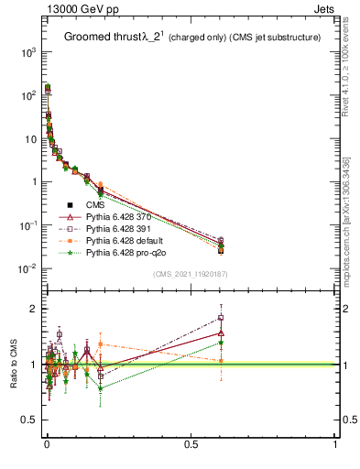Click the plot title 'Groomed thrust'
pos(101,38)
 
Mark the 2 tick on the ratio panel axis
pos(30,309)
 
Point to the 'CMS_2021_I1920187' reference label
pos(190,273)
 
